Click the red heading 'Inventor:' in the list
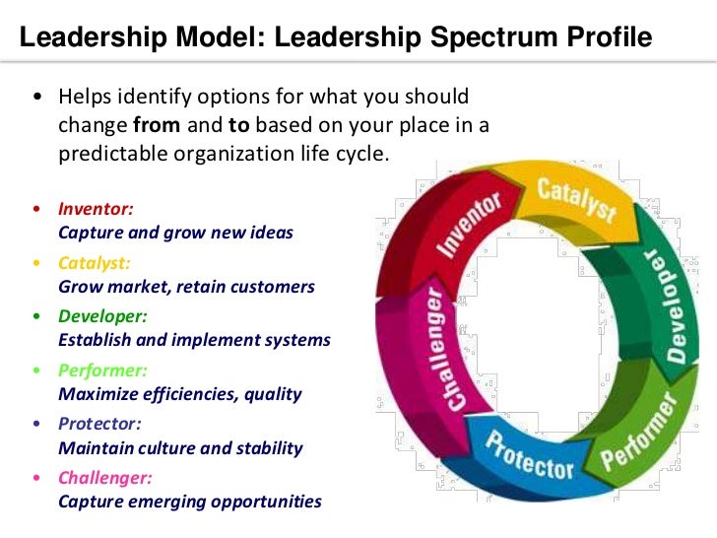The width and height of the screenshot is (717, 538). coord(96,210)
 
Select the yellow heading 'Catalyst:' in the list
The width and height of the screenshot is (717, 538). coord(95,263)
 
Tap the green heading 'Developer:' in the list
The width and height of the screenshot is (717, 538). coord(102,316)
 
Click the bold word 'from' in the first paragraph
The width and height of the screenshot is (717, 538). coord(154,126)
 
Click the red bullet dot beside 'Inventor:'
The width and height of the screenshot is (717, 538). coord(36,210)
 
